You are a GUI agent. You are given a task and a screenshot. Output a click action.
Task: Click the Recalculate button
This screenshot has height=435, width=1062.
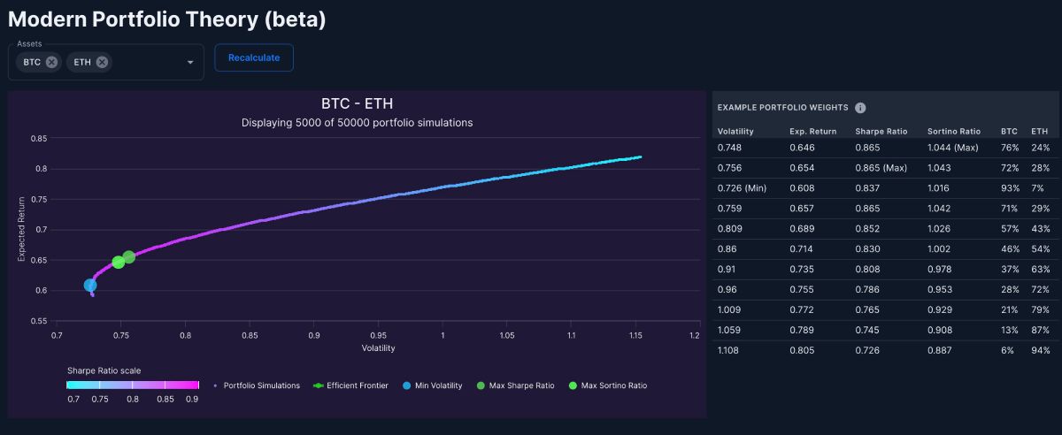click(x=254, y=57)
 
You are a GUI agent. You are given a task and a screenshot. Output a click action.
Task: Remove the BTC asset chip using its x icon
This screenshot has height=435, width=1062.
click(x=51, y=62)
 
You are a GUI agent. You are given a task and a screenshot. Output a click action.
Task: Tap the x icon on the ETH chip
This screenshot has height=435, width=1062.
click(x=102, y=62)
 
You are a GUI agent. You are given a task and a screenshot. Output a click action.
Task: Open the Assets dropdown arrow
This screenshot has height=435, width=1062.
click(x=190, y=62)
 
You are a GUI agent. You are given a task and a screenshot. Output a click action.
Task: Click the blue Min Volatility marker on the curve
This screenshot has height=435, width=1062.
click(x=90, y=286)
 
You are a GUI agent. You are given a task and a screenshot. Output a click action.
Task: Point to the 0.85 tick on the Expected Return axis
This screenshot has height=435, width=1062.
click(x=39, y=138)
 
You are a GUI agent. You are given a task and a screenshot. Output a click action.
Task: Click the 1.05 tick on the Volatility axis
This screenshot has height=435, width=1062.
click(x=507, y=335)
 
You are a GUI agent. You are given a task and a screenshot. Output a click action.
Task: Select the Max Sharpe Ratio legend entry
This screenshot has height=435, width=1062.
click(x=515, y=385)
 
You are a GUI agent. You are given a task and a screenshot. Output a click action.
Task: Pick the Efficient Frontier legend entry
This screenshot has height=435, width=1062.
click(x=350, y=385)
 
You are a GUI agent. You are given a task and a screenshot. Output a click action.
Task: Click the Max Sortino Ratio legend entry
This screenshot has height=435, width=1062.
click(x=608, y=385)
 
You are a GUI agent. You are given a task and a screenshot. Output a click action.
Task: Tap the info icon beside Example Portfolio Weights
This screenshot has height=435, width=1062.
click(x=860, y=108)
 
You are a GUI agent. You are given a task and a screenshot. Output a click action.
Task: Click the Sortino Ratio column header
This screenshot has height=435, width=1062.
click(x=954, y=131)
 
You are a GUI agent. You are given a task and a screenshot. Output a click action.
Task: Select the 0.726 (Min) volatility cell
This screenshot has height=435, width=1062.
click(x=742, y=188)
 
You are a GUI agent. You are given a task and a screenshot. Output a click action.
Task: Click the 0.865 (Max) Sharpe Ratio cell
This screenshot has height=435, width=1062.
click(x=881, y=168)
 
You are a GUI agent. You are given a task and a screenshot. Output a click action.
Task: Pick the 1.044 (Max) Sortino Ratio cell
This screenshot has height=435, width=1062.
click(x=953, y=148)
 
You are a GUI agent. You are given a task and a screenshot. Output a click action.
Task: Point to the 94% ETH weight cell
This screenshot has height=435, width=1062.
click(x=1040, y=350)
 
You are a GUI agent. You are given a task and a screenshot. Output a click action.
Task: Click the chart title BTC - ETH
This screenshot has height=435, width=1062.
click(x=357, y=103)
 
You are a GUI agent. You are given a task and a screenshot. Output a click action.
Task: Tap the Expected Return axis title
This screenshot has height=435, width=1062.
click(x=21, y=229)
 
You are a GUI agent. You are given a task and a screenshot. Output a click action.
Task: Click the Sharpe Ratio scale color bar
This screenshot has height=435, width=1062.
click(x=133, y=385)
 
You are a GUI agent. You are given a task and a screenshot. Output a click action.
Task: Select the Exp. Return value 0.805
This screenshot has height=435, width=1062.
click(x=802, y=350)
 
